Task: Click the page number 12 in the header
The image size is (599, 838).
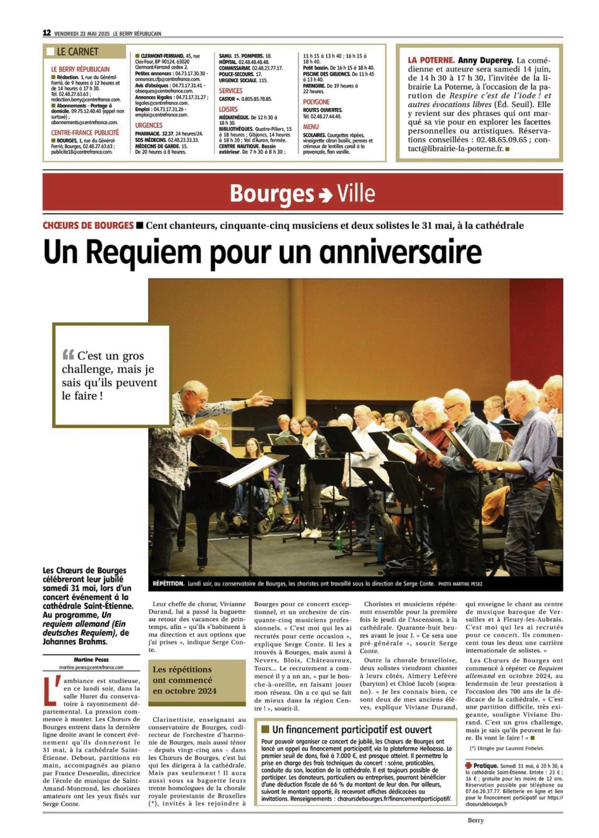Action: point(47,33)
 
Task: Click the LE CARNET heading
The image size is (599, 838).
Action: point(78,52)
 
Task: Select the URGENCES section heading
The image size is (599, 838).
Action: point(149,125)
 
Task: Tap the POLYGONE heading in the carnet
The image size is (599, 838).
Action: point(316,102)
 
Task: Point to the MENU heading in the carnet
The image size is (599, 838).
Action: point(311,127)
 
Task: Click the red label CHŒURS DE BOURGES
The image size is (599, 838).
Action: point(88,226)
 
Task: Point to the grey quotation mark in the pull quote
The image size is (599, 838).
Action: point(68,355)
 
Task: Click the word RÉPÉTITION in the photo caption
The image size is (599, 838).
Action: point(168,584)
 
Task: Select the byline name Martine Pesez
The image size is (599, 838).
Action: point(91,660)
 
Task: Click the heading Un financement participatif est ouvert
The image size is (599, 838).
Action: point(352,730)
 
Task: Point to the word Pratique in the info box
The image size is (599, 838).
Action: point(485,766)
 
